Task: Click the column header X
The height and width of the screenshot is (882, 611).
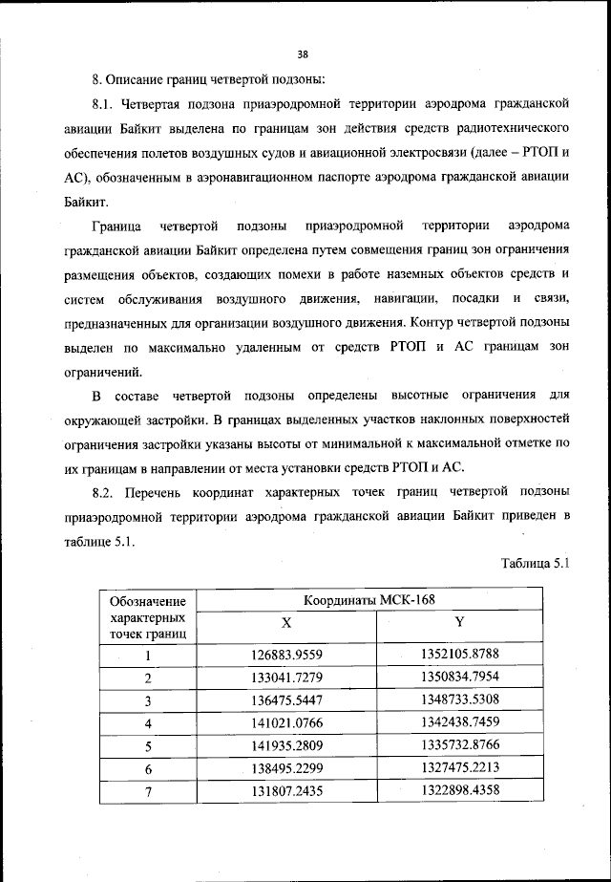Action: tap(285, 623)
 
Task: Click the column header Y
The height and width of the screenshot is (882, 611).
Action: tap(459, 623)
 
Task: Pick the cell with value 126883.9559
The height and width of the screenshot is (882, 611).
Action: tap(285, 655)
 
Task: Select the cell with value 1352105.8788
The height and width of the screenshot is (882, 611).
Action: tap(460, 655)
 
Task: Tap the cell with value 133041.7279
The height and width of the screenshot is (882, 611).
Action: tap(285, 678)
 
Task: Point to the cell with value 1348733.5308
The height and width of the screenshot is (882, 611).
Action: tap(460, 700)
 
